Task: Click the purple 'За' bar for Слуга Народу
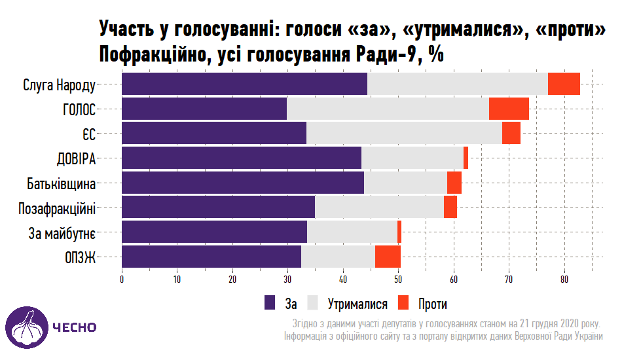click(244, 84)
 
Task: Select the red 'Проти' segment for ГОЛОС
click(509, 109)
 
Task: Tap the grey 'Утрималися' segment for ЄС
click(404, 134)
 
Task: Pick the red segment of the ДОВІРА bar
click(466, 158)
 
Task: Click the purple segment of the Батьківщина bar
click(243, 183)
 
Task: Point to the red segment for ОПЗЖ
click(388, 257)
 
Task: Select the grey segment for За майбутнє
click(352, 232)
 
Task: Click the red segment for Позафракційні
click(450, 207)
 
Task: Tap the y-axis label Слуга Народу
click(60, 85)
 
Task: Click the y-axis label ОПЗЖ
click(81, 257)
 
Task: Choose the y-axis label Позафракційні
click(57, 208)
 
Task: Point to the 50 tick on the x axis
click(398, 279)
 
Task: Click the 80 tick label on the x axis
click(564, 279)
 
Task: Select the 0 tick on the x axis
click(122, 279)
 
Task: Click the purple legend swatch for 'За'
click(270, 302)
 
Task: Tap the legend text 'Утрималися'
click(357, 304)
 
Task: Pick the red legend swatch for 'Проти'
click(404, 302)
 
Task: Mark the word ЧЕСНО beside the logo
click(75, 327)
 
